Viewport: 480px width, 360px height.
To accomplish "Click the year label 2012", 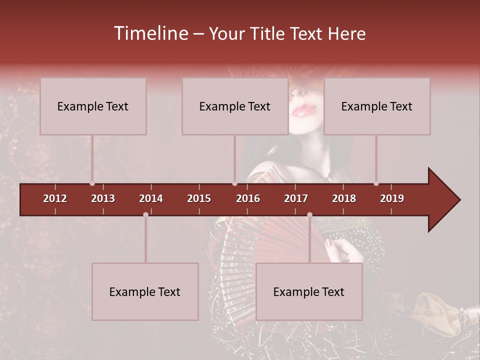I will tap(55, 198).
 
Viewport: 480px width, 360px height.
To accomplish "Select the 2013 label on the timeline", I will tap(103, 198).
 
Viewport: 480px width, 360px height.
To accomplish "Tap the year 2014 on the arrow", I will tap(151, 198).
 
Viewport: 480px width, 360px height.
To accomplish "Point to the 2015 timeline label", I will tap(199, 198).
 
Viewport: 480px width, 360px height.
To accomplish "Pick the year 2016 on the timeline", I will tap(248, 198).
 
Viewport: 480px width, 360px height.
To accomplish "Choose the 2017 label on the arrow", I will tap(296, 198).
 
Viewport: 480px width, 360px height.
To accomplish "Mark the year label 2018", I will tap(344, 198).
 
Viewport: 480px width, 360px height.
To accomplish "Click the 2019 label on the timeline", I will tap(392, 198).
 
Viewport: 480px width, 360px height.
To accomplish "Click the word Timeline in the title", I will tap(150, 33).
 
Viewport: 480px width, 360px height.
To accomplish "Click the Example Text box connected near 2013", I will tap(93, 106).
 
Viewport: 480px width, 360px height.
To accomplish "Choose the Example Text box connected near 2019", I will tap(377, 106).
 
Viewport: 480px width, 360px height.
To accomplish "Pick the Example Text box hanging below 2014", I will tap(145, 291).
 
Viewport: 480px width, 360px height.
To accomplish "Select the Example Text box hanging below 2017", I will tap(309, 291).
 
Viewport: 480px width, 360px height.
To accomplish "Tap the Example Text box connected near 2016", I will tap(235, 106).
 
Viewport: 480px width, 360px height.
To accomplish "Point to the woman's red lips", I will tap(303, 110).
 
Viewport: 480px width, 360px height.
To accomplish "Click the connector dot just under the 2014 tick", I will tap(145, 214).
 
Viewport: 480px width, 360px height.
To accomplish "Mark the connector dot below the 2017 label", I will tap(309, 214).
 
